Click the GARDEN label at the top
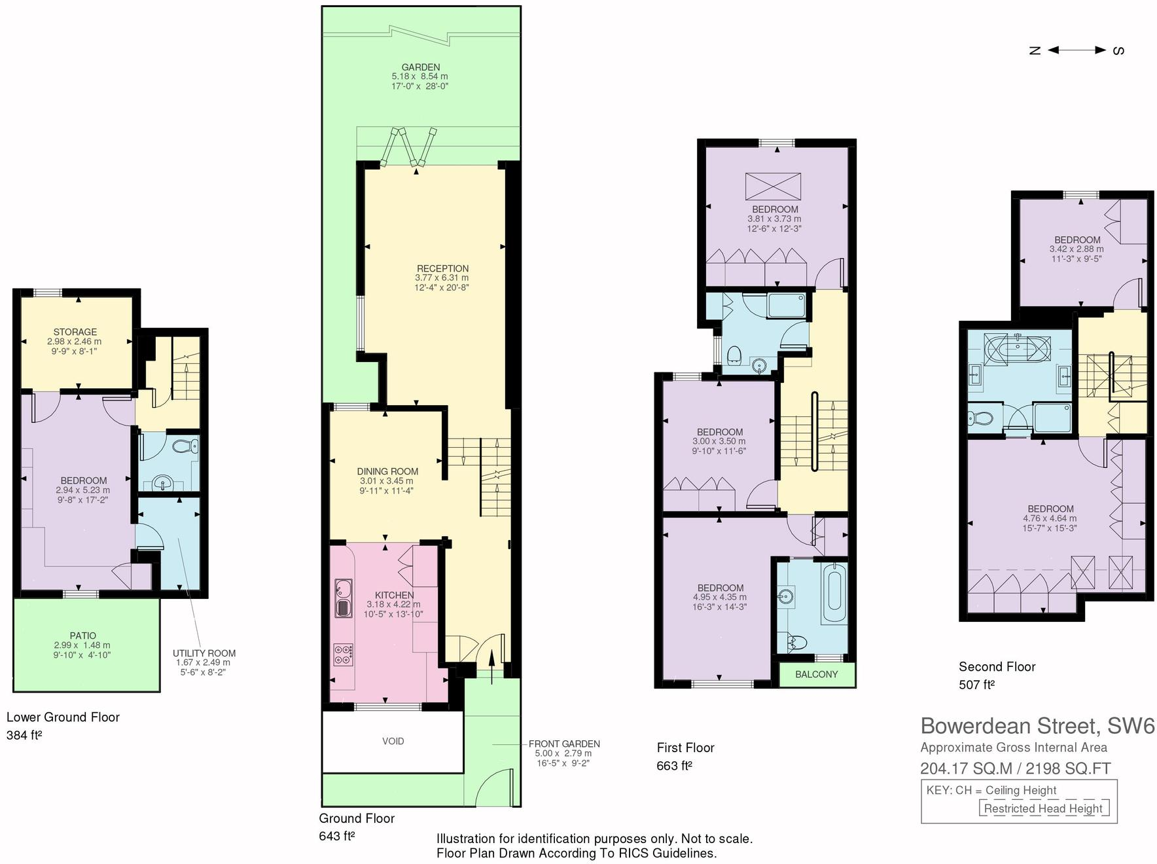coord(421,67)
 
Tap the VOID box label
coord(393,741)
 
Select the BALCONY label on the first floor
coord(816,674)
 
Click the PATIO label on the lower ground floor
coord(83,636)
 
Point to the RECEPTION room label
coord(443,268)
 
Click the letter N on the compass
coord(1035,50)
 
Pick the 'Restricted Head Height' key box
coord(1043,808)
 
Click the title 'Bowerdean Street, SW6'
coord(1037,726)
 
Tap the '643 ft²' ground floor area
coord(337,836)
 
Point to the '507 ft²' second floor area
coord(976,685)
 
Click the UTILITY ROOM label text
coord(204,653)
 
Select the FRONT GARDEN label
coord(564,744)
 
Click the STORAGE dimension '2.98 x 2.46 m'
coord(75,342)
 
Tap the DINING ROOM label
coord(387,471)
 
